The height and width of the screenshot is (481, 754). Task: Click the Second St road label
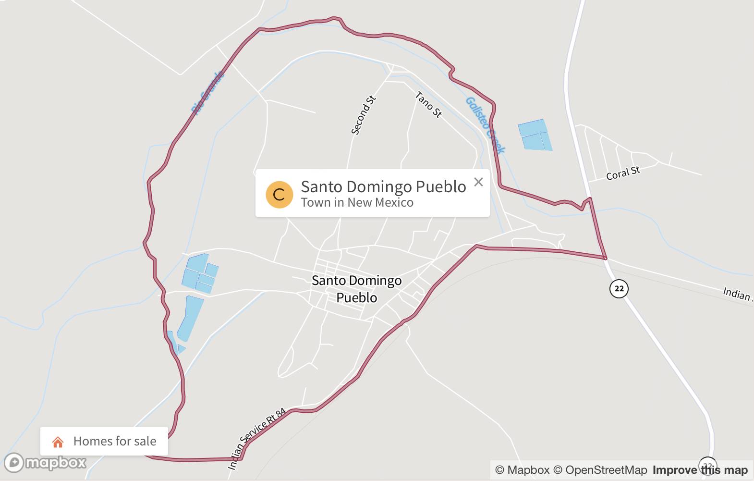pyautogui.click(x=364, y=115)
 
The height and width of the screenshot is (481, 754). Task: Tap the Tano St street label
pyautogui.click(x=428, y=105)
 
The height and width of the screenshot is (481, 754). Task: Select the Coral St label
pyautogui.click(x=623, y=173)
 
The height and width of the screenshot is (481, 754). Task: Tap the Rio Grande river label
pyautogui.click(x=208, y=93)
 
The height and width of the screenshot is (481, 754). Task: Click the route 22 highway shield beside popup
pyautogui.click(x=619, y=289)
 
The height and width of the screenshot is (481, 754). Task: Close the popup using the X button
pyautogui.click(x=478, y=182)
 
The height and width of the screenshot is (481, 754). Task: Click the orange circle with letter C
pyautogui.click(x=280, y=195)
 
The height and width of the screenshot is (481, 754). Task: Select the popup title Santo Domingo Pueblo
pyautogui.click(x=383, y=186)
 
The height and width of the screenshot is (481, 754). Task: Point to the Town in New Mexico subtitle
pyautogui.click(x=357, y=203)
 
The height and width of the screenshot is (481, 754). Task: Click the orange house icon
pyautogui.click(x=58, y=442)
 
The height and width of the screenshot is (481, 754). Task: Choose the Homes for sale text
pyautogui.click(x=115, y=441)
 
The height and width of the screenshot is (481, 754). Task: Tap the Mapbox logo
pyautogui.click(x=46, y=463)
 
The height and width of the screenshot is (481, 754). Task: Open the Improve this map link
pyautogui.click(x=700, y=470)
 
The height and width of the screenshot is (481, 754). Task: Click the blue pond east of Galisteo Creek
pyautogui.click(x=535, y=135)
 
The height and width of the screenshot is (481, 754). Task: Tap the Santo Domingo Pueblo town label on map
pyautogui.click(x=357, y=289)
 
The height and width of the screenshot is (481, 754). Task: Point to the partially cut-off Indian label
pyautogui.click(x=737, y=293)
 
